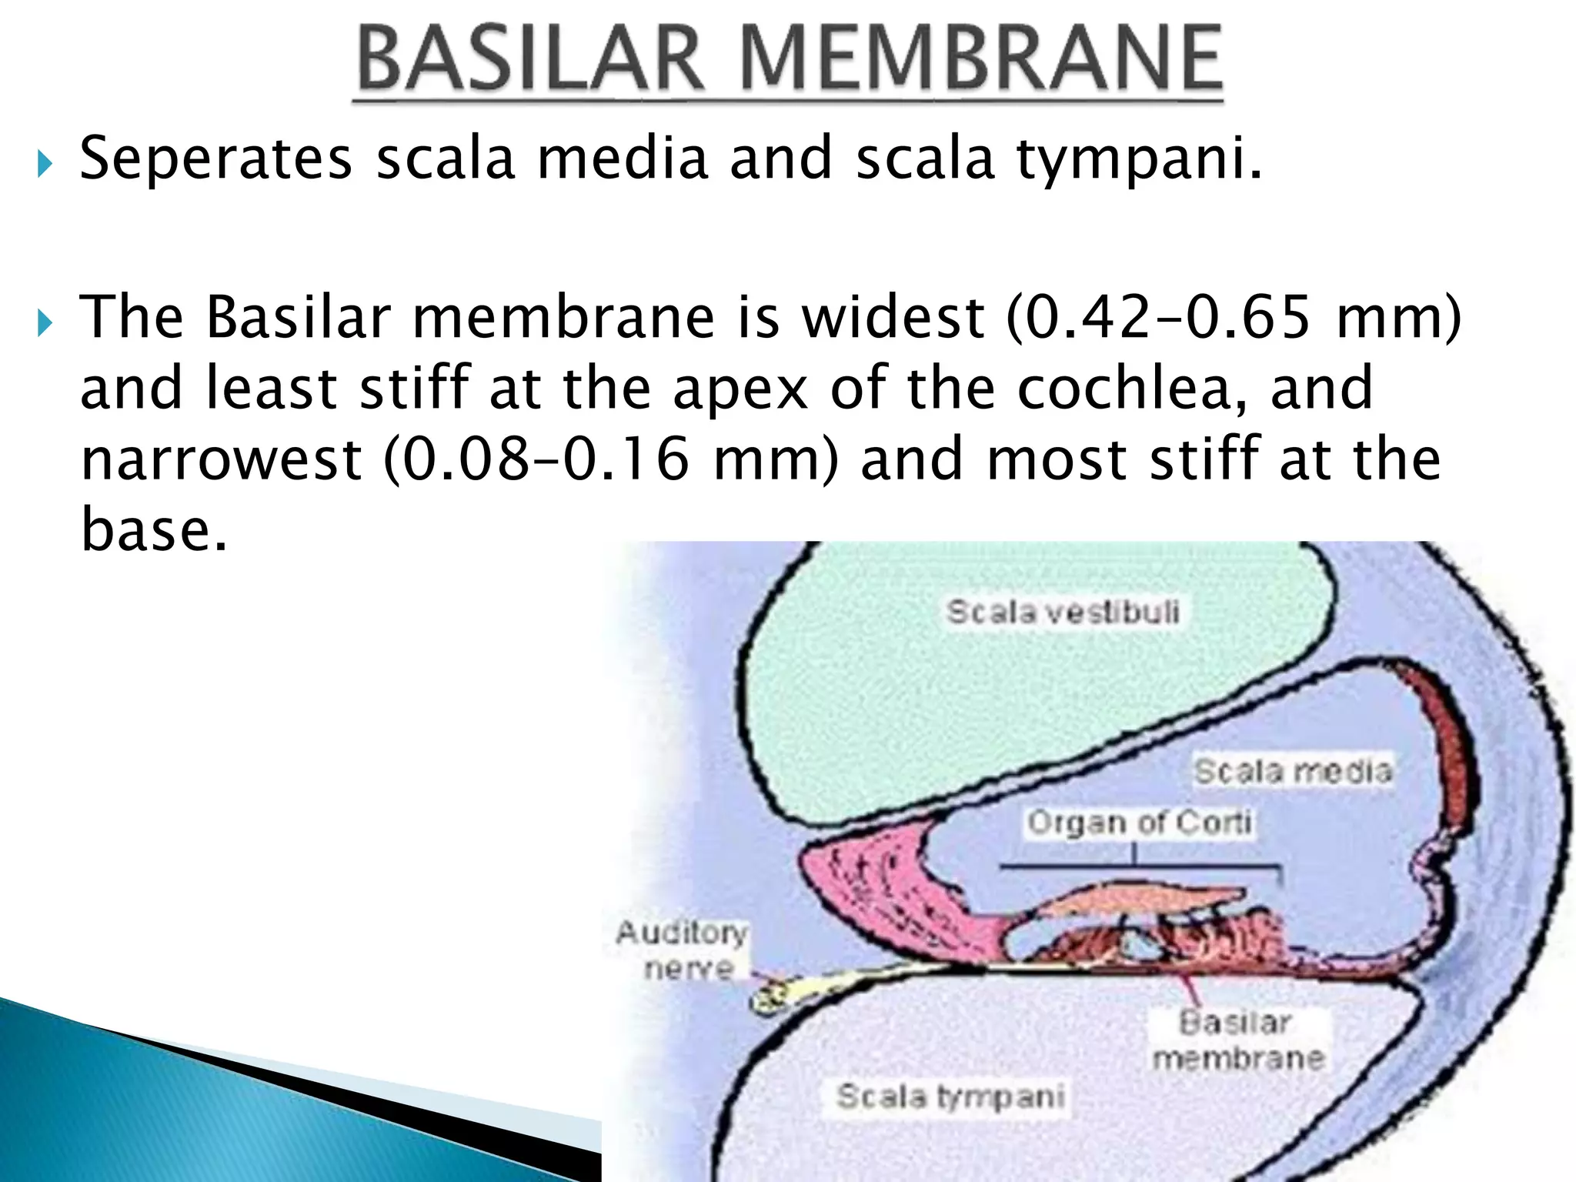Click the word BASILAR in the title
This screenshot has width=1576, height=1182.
tap(529, 58)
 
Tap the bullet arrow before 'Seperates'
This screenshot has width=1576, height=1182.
tap(45, 163)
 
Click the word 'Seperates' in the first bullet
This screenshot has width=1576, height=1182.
tap(216, 159)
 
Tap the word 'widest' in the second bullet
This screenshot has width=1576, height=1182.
tap(893, 317)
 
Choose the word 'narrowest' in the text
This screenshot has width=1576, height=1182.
tap(221, 459)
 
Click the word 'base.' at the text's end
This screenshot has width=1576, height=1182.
tap(155, 530)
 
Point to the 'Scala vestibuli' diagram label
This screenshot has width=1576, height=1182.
tap(1063, 612)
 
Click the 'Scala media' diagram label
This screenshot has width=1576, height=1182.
tap(1294, 770)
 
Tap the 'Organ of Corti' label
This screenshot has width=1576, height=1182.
tap(1139, 822)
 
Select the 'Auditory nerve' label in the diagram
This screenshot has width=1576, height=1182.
tap(682, 950)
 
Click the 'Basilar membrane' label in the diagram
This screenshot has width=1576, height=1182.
tap(1237, 1040)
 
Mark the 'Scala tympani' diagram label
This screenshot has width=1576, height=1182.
tap(951, 1096)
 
